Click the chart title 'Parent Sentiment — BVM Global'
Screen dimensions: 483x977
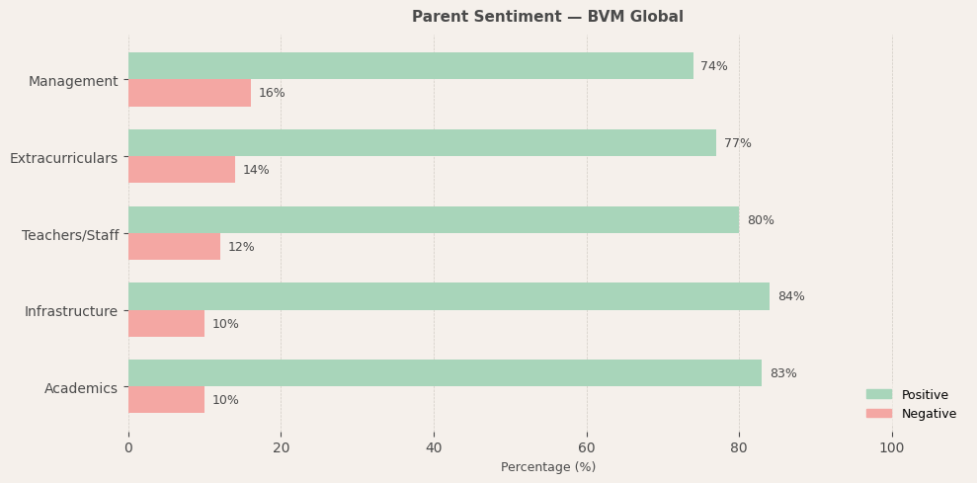(547, 17)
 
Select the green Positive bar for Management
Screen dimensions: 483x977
(410, 66)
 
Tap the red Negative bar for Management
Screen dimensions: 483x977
(189, 93)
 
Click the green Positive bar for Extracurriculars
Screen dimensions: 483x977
(422, 143)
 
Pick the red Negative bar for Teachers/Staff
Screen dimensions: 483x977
(174, 247)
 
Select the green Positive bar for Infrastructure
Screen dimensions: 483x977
(448, 296)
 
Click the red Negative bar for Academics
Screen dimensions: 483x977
(166, 400)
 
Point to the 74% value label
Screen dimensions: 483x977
(713, 66)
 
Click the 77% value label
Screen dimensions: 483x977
(737, 143)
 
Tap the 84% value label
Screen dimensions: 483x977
(790, 296)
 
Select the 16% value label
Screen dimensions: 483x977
(272, 93)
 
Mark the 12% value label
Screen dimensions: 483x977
(241, 247)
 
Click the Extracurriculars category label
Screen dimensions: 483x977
(63, 158)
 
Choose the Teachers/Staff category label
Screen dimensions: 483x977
(70, 235)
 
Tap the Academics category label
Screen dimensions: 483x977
(81, 388)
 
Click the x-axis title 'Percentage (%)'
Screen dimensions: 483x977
(547, 467)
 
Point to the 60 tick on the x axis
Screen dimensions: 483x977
(587, 447)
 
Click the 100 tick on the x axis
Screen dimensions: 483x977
(891, 447)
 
